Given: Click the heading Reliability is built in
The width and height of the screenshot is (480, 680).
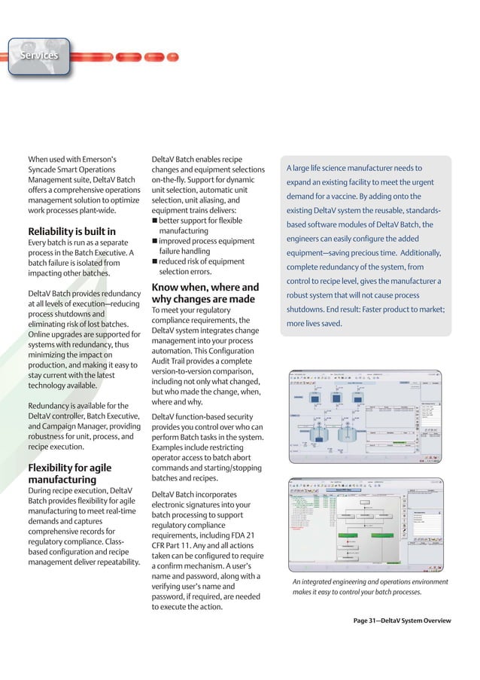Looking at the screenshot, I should point(71,230).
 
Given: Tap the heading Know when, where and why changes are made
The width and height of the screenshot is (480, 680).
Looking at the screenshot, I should point(205,294).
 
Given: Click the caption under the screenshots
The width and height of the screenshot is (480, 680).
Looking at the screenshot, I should point(369,587).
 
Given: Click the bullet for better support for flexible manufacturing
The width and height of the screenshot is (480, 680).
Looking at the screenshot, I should point(154,219).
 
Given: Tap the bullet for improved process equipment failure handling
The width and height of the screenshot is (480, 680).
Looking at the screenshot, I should point(154,241).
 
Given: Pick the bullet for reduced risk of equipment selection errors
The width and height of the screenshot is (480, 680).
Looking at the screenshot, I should point(154,261).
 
